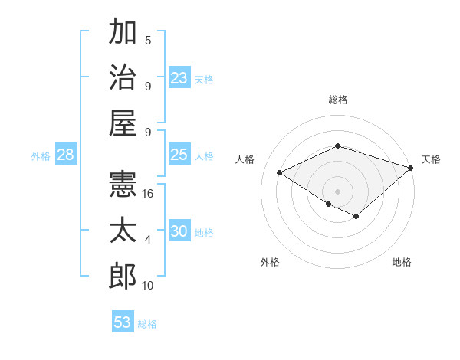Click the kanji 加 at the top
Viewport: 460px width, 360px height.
pyautogui.click(x=123, y=34)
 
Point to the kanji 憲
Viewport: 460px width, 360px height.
pyautogui.click(x=123, y=185)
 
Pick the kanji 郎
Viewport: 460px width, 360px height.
pyautogui.click(x=123, y=276)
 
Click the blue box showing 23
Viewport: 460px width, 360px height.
pyautogui.click(x=179, y=78)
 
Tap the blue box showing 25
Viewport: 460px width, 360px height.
pyautogui.click(x=179, y=155)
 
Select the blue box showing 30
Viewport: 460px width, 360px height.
pyautogui.click(x=179, y=232)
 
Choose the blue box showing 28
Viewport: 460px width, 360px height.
pyautogui.click(x=65, y=155)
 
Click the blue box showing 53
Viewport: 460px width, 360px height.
pyautogui.click(x=123, y=322)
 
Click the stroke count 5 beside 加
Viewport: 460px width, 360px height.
pyautogui.click(x=148, y=41)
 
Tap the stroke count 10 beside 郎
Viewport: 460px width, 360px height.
pyautogui.click(x=148, y=286)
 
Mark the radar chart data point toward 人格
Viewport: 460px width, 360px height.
pyautogui.click(x=280, y=173)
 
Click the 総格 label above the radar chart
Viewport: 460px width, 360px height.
pyautogui.click(x=337, y=100)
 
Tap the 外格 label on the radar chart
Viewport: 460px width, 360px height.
pyautogui.click(x=270, y=263)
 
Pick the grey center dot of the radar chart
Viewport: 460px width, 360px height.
pyautogui.click(x=337, y=191)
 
